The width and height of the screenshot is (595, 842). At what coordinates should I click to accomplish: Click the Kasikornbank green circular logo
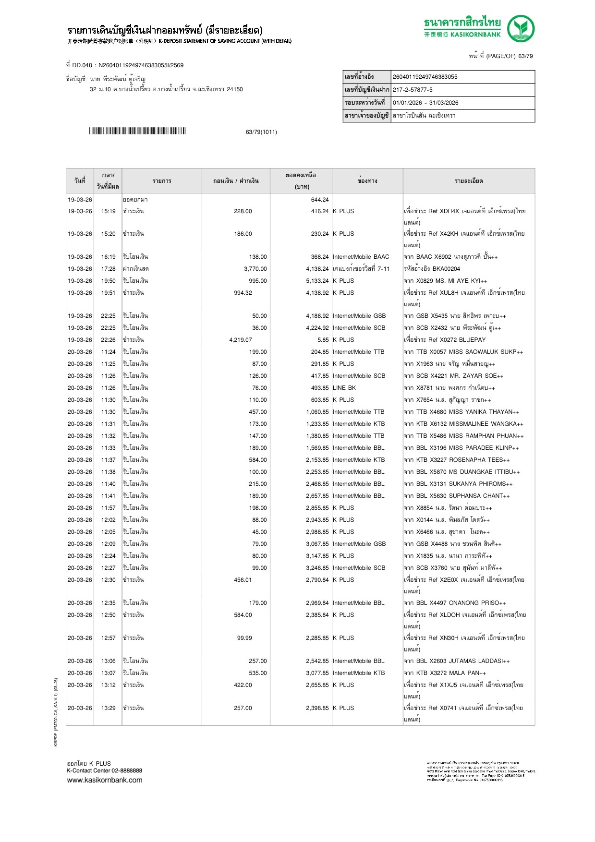[x=521, y=28]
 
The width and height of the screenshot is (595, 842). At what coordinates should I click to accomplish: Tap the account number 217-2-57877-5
[x=413, y=90]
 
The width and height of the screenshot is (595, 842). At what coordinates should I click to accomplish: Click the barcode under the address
[x=137, y=131]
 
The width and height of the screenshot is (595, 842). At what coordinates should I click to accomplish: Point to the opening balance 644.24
[x=320, y=200]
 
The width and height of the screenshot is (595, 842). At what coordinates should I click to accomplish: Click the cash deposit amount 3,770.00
[x=255, y=269]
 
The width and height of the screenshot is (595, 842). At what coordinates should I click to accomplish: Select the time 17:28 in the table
[x=108, y=269]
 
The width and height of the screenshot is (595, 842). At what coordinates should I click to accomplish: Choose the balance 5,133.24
[x=317, y=281]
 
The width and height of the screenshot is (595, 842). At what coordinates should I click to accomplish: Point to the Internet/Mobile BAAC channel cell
[x=361, y=257]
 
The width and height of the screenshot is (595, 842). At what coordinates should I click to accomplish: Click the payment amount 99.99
[x=244, y=638]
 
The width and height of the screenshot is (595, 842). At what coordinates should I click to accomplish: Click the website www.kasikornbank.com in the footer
[x=105, y=780]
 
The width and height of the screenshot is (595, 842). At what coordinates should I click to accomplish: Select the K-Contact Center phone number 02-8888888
[x=127, y=771]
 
